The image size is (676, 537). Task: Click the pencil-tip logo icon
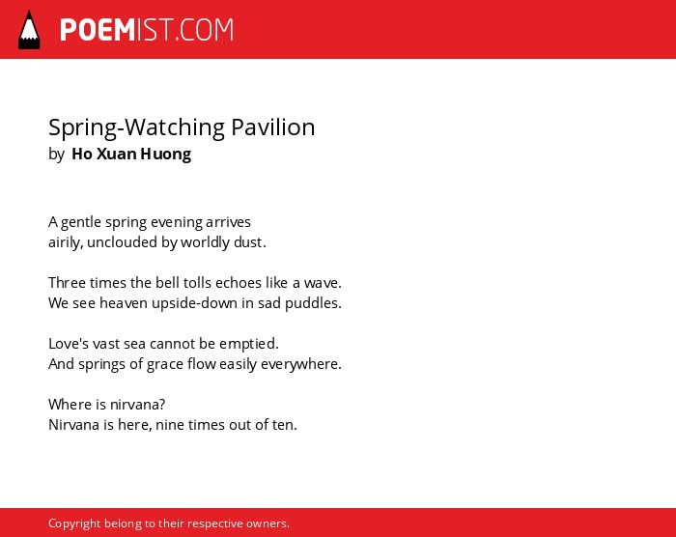click(29, 30)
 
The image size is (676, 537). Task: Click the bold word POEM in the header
click(98, 30)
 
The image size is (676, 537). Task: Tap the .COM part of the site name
click(205, 30)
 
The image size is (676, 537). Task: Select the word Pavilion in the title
click(273, 127)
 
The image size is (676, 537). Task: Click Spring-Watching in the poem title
click(137, 128)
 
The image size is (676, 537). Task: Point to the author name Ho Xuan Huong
click(131, 154)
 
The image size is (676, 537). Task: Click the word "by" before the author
click(56, 155)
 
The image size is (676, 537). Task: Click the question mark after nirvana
click(161, 404)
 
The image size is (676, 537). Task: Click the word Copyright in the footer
click(74, 523)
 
